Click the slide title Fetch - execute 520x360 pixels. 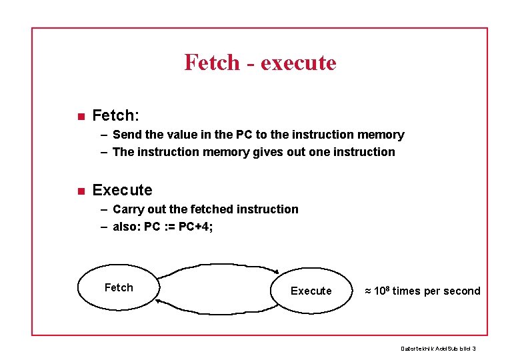click(260, 63)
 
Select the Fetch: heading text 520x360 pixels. click(115, 116)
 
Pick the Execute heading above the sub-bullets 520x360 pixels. click(122, 190)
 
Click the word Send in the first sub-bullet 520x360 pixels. click(127, 135)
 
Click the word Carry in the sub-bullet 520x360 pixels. click(129, 209)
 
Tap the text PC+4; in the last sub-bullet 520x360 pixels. click(196, 227)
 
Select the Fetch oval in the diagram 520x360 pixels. click(119, 288)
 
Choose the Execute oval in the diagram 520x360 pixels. click(311, 291)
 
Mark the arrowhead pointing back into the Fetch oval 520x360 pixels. click(159, 302)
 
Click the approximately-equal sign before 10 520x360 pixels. click(368, 291)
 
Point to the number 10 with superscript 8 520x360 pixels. click(382, 290)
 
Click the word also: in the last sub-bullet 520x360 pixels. click(127, 227)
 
